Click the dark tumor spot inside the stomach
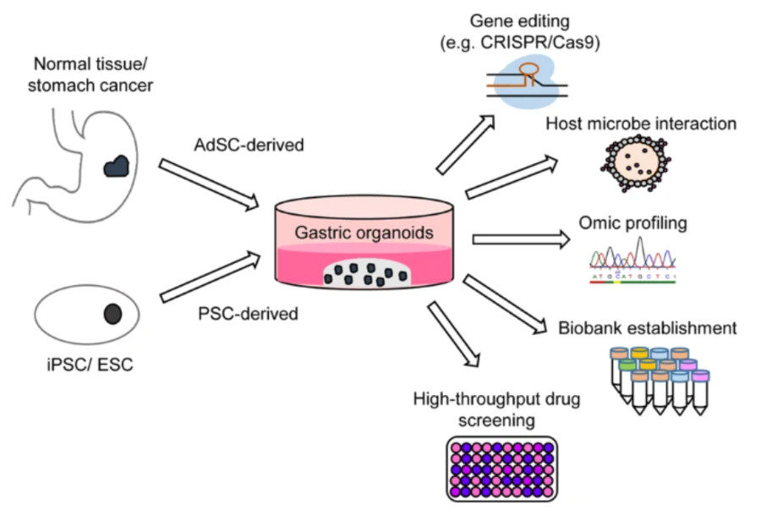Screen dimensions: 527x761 (115, 167)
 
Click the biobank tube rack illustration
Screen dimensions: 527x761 (659, 379)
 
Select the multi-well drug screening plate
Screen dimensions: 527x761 (501, 468)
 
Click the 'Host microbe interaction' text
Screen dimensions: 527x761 (640, 124)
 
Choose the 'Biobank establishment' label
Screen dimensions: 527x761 (647, 327)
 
